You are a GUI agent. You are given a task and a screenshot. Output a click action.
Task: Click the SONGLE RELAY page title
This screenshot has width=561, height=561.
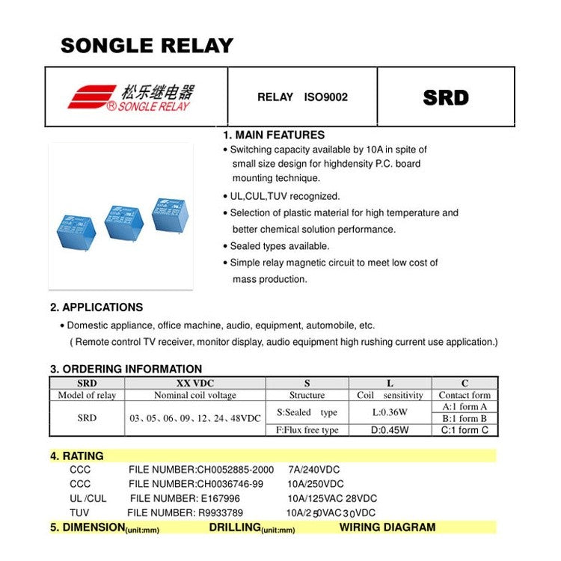coord(147,46)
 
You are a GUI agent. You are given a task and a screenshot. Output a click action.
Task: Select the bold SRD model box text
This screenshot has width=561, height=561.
coord(446,97)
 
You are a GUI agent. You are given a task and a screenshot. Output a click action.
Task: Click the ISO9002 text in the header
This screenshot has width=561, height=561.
coord(325,97)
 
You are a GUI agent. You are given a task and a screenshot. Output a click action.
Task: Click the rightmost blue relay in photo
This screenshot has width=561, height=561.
coord(170,215)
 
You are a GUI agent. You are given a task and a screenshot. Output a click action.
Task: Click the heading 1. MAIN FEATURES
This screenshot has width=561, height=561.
coord(274,135)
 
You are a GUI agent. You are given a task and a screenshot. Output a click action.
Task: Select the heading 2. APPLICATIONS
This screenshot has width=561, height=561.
coord(96,307)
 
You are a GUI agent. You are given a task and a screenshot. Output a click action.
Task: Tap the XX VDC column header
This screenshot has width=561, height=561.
coord(194,383)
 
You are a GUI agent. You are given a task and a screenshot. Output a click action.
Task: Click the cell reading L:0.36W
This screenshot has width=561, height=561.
coord(390,412)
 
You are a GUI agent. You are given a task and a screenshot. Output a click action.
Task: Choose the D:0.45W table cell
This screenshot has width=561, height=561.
coord(390,429)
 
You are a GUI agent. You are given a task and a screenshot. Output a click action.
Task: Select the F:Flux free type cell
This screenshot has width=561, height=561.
coord(307,429)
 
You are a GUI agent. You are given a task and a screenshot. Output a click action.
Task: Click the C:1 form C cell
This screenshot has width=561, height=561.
coord(465,429)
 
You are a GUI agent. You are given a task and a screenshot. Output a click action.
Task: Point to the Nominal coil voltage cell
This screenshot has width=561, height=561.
coord(194,395)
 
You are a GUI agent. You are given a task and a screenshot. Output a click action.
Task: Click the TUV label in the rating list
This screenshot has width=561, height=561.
coord(79,512)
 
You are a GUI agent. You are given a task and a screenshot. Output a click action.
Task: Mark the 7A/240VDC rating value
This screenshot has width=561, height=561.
coord(313,470)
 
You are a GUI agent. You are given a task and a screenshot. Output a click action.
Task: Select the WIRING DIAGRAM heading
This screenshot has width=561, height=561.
coord(387,527)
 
